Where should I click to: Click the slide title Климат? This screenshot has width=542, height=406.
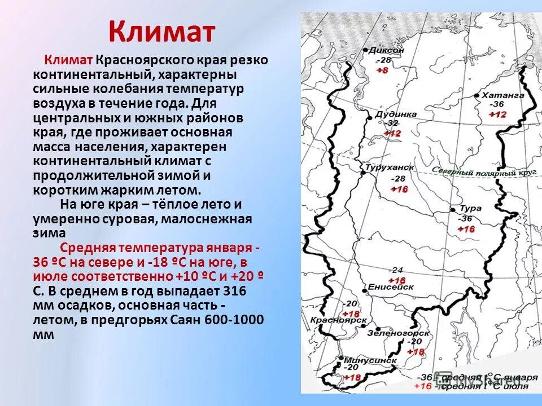click(x=161, y=32)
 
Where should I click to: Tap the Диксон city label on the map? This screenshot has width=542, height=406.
click(x=387, y=50)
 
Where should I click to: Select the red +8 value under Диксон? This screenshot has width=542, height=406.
click(x=382, y=70)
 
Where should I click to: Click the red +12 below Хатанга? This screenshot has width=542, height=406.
click(x=497, y=114)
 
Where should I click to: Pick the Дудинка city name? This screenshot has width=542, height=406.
click(x=399, y=114)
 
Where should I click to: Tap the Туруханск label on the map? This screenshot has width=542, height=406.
click(x=386, y=168)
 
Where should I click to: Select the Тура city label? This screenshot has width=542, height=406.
click(x=470, y=208)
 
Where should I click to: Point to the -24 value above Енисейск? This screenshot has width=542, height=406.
click(x=396, y=270)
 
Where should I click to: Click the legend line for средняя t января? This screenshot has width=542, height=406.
click(x=480, y=377)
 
